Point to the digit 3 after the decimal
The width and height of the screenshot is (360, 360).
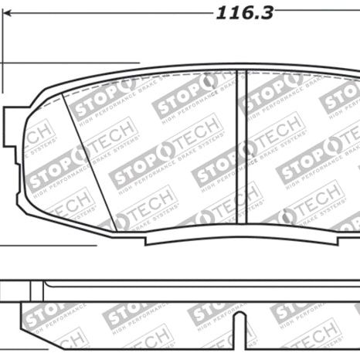pyautogui.click(x=267, y=13)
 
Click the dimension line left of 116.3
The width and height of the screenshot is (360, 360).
pyautogui.click(x=108, y=11)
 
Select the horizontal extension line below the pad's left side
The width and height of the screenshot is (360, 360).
pyautogui.click(x=46, y=246)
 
